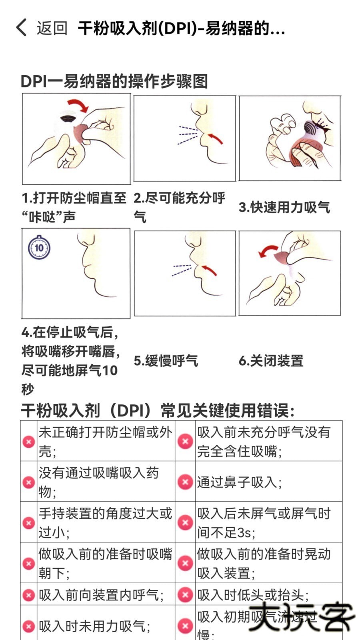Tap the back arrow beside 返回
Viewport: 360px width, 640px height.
tap(22, 28)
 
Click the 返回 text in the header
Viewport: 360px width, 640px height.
tap(52, 28)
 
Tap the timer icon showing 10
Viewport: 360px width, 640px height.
tap(39, 248)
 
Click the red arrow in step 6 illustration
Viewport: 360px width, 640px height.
tap(268, 251)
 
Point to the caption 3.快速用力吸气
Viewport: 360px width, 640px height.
tap(284, 207)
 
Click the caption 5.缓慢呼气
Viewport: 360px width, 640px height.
tap(166, 361)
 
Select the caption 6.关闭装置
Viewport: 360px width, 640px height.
tap(271, 361)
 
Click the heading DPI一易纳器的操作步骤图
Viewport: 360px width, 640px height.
tap(114, 81)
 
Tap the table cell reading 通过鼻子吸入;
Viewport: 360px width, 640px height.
tap(240, 482)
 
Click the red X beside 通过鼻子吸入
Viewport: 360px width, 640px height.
tap(185, 482)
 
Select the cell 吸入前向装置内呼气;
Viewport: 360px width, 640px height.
tap(101, 595)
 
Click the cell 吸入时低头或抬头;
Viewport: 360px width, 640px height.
tap(253, 595)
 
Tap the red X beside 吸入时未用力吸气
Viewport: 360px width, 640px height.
tap(28, 626)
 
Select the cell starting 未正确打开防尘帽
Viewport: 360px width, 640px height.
tap(105, 441)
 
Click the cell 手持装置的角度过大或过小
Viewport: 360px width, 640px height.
tap(105, 522)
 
